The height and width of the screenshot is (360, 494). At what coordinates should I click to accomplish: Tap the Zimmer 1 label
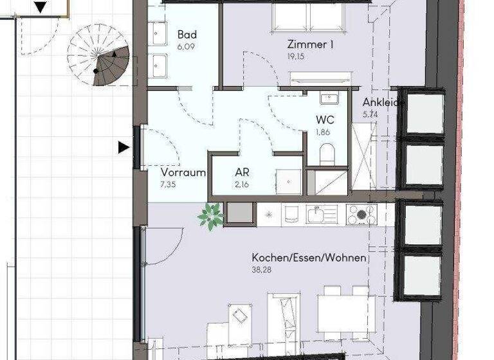[x=311, y=45]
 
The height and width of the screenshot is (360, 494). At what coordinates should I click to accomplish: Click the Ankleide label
[x=383, y=102]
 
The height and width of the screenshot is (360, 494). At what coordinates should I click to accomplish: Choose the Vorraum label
[x=183, y=172]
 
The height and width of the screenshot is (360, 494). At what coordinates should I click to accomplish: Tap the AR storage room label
[x=242, y=173]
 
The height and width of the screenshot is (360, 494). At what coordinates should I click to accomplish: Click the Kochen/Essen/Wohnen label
[x=309, y=258]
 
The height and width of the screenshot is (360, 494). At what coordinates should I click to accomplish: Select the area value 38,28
[x=262, y=270]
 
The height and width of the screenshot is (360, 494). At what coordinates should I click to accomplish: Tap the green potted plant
[x=210, y=216]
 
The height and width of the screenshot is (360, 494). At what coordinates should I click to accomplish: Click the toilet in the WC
[x=327, y=153]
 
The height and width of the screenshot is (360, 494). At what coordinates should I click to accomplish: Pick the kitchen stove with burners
[x=363, y=214]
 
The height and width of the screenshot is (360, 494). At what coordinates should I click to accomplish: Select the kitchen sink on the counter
[x=318, y=213]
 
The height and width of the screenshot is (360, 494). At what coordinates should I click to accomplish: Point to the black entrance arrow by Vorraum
[x=123, y=148]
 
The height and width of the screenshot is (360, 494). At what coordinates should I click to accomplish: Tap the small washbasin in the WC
[x=330, y=98]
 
